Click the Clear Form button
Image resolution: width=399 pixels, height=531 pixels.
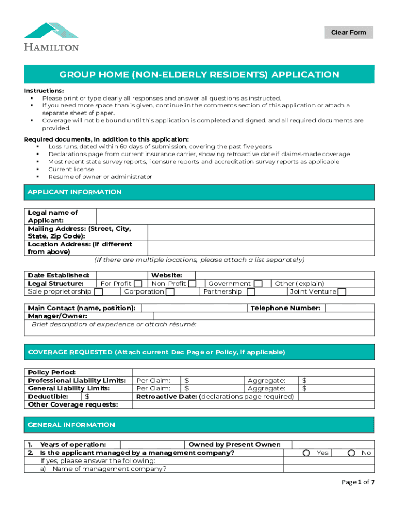pyautogui.click(x=348, y=33)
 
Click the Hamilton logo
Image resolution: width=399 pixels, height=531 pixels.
pyautogui.click(x=51, y=36)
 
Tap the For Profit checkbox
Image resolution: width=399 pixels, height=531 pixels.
pyautogui.click(x=138, y=284)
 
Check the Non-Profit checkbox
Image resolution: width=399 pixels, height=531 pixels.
pyautogui.click(x=192, y=284)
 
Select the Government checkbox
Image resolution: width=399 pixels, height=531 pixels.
pyautogui.click(x=258, y=284)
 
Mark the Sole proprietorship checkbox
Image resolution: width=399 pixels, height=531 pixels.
pyautogui.click(x=98, y=292)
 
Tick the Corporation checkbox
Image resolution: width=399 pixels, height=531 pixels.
pyautogui.click(x=170, y=292)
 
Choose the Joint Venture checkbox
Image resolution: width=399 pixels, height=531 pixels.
pyautogui.click(x=342, y=292)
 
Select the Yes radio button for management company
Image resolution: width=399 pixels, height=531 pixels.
pyautogui.click(x=307, y=453)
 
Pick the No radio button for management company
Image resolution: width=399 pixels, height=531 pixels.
pyautogui.click(x=352, y=453)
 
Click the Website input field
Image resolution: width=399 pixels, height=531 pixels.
pyautogui.click(x=284, y=275)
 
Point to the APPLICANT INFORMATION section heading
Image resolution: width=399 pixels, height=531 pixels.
pyautogui.click(x=75, y=192)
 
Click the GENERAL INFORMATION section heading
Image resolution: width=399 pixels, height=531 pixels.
pyautogui.click(x=71, y=425)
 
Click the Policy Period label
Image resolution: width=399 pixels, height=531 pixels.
pyautogui.click(x=52, y=372)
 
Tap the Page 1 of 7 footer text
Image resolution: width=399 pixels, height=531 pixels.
pyautogui.click(x=358, y=482)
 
